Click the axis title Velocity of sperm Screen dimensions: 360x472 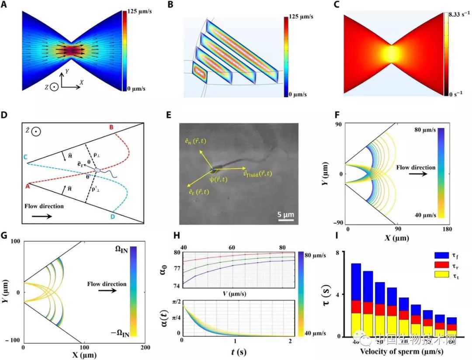pyautogui.click(x=399, y=351)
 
